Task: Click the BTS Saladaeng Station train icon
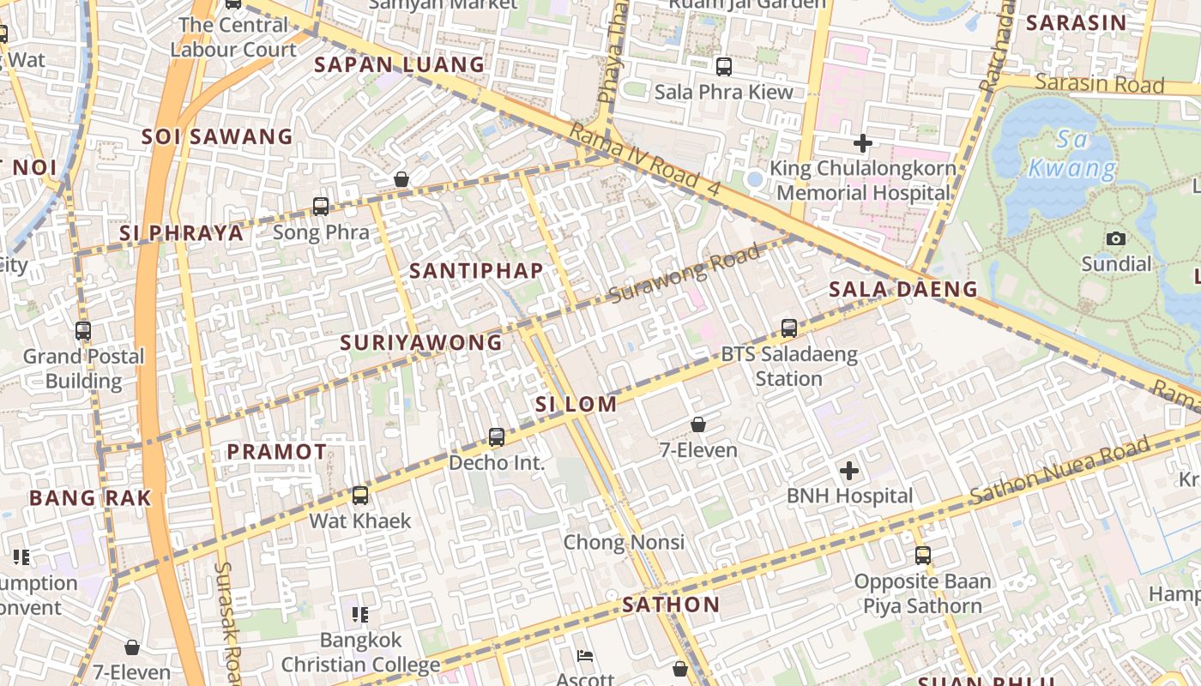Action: pos(789,328)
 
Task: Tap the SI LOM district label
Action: pos(576,404)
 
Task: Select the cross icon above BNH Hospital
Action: pos(849,470)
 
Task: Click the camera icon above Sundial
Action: pos(1116,238)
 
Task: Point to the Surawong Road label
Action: pos(685,274)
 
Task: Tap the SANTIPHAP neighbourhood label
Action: pos(476,271)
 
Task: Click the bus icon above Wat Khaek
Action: pos(360,495)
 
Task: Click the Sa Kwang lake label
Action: pos(1072,154)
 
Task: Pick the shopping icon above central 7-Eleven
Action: pos(698,424)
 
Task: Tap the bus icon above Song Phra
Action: pos(321,206)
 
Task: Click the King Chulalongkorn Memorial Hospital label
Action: pos(863,180)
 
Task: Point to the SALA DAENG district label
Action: pos(903,289)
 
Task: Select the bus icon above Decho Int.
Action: pos(497,437)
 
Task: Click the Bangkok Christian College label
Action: pos(360,653)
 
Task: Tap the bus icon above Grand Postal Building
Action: pos(83,330)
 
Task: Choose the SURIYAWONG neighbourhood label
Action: pos(421,343)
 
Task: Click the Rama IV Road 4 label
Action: pos(645,160)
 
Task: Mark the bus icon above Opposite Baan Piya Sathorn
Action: pos(923,555)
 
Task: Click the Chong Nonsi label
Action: pos(624,542)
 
